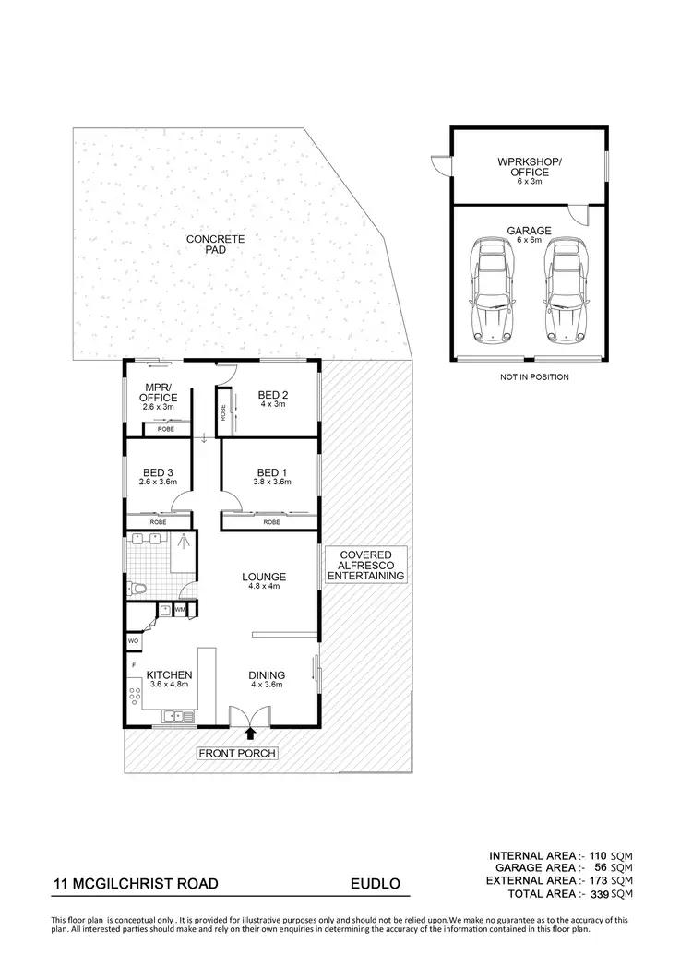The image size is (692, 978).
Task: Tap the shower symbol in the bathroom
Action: (183, 543)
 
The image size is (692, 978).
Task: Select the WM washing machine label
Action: (180, 610)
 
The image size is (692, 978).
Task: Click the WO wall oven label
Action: (133, 640)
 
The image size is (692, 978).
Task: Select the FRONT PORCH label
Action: (237, 754)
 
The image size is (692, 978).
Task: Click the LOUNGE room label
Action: (264, 578)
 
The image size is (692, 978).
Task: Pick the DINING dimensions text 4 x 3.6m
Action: (266, 685)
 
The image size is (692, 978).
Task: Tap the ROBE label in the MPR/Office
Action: (166, 430)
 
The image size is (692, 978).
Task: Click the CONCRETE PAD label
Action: (213, 244)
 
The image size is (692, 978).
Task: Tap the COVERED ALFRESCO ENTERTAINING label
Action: (366, 565)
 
